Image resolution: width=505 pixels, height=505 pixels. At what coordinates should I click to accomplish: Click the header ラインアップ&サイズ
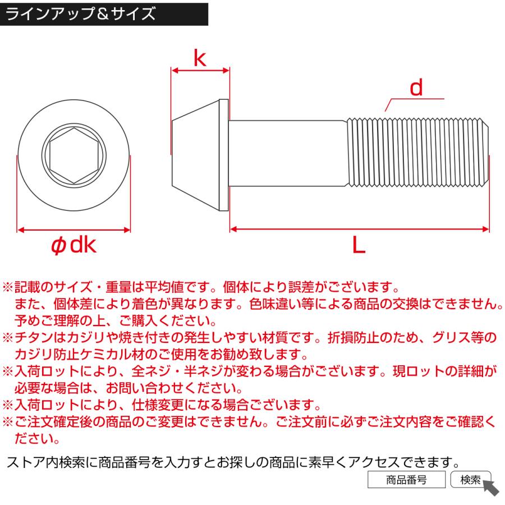coord(81,13)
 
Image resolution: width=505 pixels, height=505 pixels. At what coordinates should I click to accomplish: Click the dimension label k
coord(200,58)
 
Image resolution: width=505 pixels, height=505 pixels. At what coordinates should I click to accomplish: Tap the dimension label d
coord(415,88)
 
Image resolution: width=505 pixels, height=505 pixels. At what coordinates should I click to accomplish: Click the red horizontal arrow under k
coord(200,71)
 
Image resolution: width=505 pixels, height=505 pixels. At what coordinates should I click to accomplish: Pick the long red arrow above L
coord(359,229)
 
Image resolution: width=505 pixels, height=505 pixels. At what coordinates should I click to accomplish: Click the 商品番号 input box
coord(406,480)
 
